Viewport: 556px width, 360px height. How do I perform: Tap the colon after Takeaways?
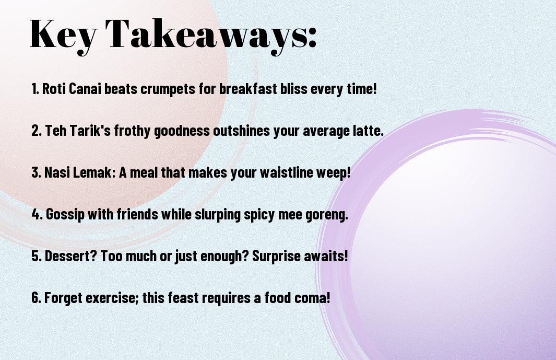[312, 38]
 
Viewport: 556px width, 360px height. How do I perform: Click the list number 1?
[35, 89]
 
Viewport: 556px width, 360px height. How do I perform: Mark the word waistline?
[287, 172]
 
